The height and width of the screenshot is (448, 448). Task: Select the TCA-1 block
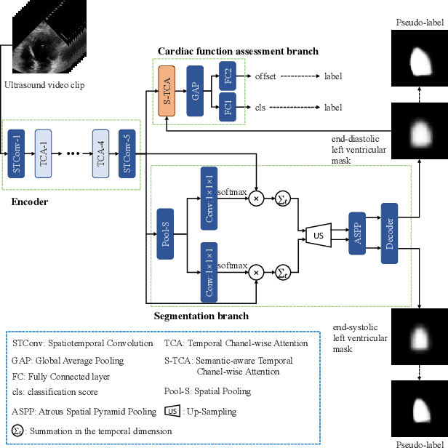click(x=43, y=154)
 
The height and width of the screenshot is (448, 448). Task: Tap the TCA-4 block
click(x=101, y=154)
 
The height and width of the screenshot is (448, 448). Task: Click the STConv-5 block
click(x=127, y=154)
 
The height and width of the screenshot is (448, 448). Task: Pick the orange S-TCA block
click(x=167, y=91)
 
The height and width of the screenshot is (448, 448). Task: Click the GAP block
click(x=194, y=91)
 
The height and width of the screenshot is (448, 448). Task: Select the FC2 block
click(x=226, y=76)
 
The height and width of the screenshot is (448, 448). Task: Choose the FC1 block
click(x=226, y=108)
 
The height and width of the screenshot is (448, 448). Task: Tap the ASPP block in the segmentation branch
click(x=356, y=234)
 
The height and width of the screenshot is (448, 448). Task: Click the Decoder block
click(x=390, y=233)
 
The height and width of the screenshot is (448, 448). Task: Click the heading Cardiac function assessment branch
click(x=238, y=52)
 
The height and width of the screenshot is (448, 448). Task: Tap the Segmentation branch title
click(x=201, y=316)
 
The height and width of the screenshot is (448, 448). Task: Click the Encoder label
click(x=30, y=201)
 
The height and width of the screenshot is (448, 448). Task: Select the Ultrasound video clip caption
click(x=44, y=85)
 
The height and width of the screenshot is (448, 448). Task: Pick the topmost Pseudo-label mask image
click(x=420, y=57)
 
